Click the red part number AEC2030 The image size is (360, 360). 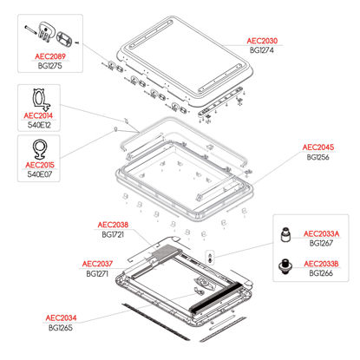click(262, 41)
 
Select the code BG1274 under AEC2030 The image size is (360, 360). click(262, 50)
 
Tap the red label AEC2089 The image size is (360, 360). click(50, 56)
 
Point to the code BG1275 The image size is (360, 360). click(50, 66)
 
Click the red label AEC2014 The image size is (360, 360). click(38, 115)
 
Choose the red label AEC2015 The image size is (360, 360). click(40, 165)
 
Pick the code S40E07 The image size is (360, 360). click(40, 174)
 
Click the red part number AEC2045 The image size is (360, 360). click(318, 147)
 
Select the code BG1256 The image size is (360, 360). click(318, 157)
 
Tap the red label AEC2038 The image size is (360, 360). click(113, 225)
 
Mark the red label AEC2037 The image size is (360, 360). click(97, 264)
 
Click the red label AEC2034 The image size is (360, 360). click(61, 317)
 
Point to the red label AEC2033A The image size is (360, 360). click(321, 233)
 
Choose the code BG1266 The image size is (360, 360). click(321, 273)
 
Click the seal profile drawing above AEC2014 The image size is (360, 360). click(41, 100)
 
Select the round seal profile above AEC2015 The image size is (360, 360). click(40, 149)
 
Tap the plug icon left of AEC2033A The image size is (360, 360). click(285, 235)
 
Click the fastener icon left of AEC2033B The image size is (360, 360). click(285, 265)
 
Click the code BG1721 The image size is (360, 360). click(113, 234)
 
